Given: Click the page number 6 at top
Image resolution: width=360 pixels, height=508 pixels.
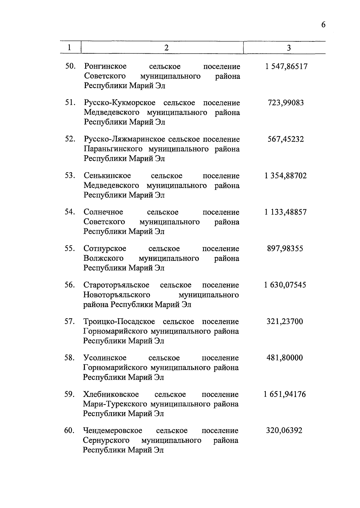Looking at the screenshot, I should (323, 25).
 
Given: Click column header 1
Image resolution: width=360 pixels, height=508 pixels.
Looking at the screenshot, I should (70, 47).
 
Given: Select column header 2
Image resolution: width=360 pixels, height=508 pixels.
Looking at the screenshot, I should (166, 48).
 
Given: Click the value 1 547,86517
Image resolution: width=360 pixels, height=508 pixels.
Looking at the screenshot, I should (286, 66).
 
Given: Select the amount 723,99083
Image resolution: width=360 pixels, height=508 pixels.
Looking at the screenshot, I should (286, 103).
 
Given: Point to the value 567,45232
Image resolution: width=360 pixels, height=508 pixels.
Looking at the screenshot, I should (286, 139).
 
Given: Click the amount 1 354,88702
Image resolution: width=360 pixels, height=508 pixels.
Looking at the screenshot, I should (286, 176).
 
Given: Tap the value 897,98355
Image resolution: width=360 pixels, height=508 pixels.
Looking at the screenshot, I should (285, 248).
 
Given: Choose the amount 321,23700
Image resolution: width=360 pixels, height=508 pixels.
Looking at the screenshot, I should (285, 321).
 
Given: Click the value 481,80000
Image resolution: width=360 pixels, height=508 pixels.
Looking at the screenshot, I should (285, 358).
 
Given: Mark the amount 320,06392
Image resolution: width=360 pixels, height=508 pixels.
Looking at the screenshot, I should (284, 430).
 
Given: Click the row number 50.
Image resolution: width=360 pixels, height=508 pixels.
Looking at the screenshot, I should (70, 66).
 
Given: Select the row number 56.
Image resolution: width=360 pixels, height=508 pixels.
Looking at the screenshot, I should (70, 285).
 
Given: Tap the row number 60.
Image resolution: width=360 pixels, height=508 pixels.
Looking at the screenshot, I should (69, 430).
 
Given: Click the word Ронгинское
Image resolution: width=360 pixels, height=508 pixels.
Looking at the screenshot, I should (105, 66).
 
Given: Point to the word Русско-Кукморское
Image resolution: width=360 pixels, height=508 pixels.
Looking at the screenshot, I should (119, 103).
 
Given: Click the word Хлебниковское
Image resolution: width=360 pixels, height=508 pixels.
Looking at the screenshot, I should (111, 394).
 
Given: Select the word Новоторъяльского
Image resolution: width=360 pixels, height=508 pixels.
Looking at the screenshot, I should (117, 295).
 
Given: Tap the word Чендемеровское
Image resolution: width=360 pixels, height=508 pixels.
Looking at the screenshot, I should (112, 430).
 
